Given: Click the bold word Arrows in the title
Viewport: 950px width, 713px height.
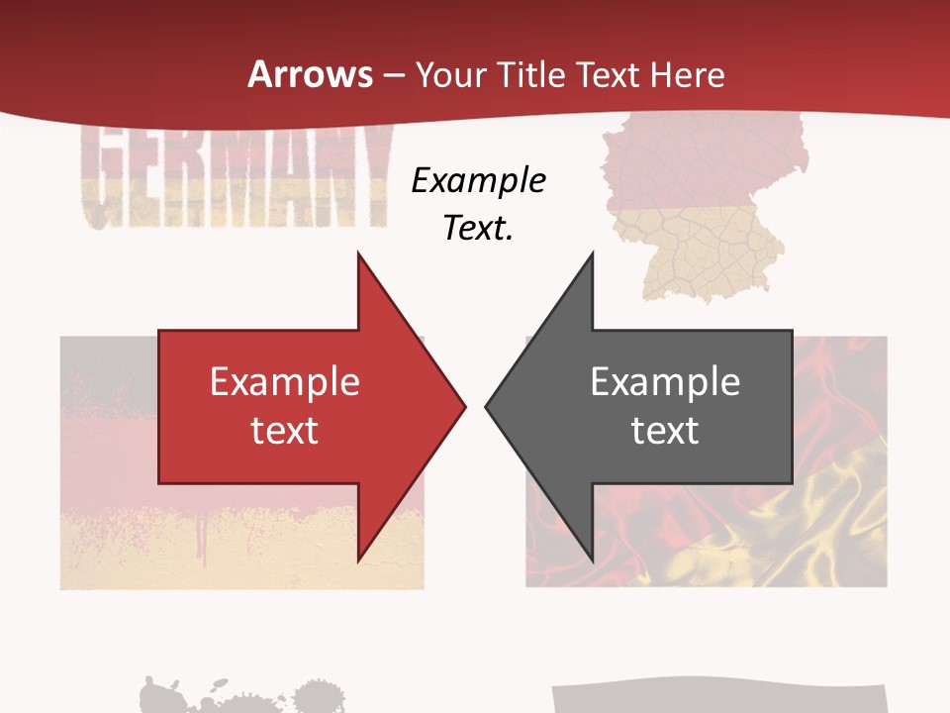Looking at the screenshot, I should [311, 74].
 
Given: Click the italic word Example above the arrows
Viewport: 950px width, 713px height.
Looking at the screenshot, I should [478, 180].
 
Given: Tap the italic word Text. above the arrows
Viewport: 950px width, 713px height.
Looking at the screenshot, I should [478, 229].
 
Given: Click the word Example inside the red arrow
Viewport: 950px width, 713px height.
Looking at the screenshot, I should [284, 382].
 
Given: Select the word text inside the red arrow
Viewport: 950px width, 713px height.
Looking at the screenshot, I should [284, 431].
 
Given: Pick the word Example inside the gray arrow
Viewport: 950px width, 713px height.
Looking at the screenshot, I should [665, 382].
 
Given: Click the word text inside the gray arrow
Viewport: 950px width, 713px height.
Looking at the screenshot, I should [665, 431].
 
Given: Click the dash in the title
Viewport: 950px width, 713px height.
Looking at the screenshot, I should [393, 75].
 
